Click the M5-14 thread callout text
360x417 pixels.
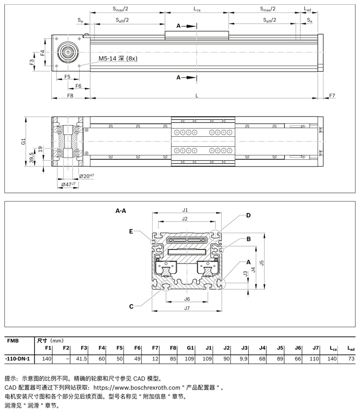118,59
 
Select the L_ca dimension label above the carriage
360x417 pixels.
197,9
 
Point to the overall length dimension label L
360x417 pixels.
197,96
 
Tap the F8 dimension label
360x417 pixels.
70,96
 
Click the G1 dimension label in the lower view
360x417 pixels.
23,142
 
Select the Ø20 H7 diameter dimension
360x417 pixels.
86,176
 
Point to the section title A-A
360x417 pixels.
121,210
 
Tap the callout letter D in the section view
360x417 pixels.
248,215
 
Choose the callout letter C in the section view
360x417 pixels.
131,306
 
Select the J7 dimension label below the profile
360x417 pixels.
187,308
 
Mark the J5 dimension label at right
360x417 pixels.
261,262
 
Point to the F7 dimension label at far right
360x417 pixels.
332,96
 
